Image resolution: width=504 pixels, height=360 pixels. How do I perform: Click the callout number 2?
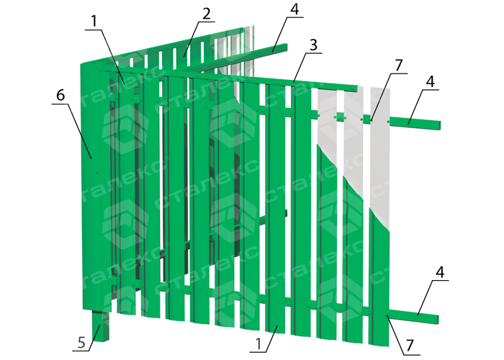(207, 14)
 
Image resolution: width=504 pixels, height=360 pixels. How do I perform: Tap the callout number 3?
(313, 45)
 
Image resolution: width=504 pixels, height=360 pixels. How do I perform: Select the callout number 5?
(81, 343)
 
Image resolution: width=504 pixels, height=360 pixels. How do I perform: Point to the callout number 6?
(60, 96)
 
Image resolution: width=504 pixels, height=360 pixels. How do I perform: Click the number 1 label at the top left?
(94, 21)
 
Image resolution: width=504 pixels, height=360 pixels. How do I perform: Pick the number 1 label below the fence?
(258, 344)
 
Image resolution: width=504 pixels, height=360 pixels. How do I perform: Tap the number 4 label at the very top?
(294, 9)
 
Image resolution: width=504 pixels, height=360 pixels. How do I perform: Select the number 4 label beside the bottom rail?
(440, 272)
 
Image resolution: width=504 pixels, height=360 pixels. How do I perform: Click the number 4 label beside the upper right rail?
(431, 81)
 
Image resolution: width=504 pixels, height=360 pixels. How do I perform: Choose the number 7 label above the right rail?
(399, 66)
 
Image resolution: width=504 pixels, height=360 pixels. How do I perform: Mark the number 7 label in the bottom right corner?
(409, 346)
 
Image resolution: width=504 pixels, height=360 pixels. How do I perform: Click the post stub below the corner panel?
(100, 325)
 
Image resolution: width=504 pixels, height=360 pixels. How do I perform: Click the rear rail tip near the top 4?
(285, 47)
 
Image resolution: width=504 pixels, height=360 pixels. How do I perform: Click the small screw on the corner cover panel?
(96, 172)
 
